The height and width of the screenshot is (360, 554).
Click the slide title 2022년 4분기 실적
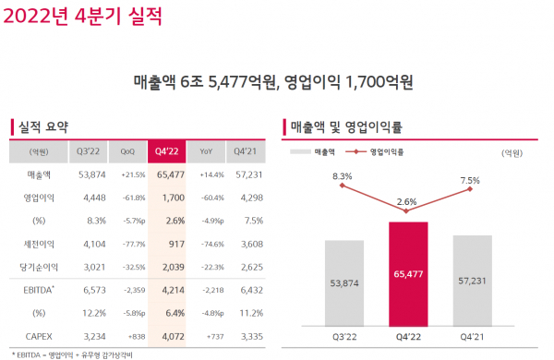tap(83, 15)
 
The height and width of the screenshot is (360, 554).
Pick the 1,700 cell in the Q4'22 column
tap(166, 198)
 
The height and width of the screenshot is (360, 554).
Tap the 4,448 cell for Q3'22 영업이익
tap(90, 198)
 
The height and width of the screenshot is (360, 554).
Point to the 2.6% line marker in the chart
tap(407, 210)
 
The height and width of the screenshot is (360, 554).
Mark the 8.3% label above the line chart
tap(343, 175)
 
